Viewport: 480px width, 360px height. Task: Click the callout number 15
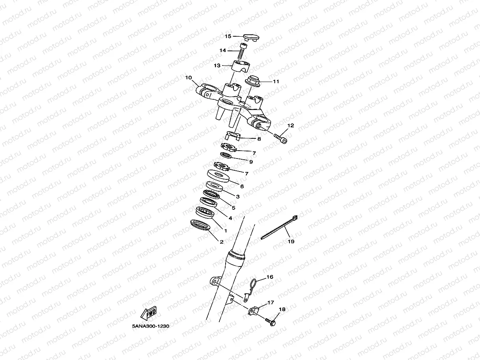coord(228,36)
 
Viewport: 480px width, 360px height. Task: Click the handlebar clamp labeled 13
coord(241,65)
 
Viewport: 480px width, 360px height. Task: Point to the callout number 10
coord(188,78)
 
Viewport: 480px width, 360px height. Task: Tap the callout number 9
coord(251,162)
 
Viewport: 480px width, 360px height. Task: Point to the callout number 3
coord(238,196)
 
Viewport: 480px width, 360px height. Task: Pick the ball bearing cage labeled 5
coord(211,194)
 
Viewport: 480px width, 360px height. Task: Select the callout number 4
coord(230,218)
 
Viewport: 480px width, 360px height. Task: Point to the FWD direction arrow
coord(149,313)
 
